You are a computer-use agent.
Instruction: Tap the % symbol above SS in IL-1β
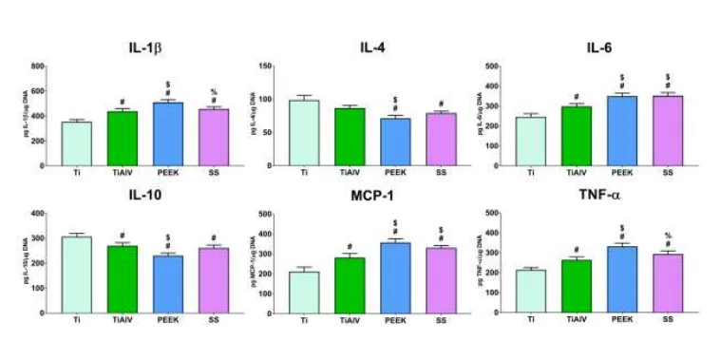click(214, 92)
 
